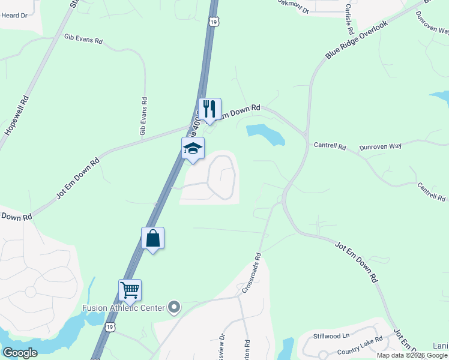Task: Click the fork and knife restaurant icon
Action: coord(209,109)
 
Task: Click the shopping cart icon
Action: coord(130,290)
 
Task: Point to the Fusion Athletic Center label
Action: coord(123,308)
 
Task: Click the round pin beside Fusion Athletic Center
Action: coord(174,308)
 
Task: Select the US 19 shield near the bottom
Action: coord(109,327)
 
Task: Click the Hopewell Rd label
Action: coord(17,115)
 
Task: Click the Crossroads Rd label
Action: coord(252,273)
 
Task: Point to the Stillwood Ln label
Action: coord(331,336)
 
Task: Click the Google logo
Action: coord(20,353)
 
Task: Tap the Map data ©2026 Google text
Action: coord(412,355)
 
